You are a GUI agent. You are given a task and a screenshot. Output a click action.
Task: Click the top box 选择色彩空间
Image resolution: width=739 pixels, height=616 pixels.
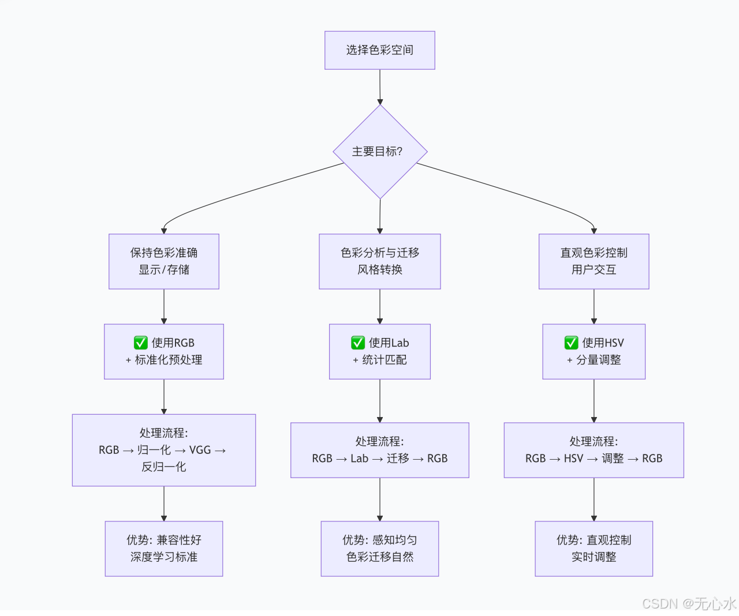point(379,50)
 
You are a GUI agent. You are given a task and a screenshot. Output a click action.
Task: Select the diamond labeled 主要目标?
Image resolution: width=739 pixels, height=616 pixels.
point(379,152)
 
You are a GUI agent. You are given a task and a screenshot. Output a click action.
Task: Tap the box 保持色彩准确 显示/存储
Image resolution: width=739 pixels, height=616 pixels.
point(163,261)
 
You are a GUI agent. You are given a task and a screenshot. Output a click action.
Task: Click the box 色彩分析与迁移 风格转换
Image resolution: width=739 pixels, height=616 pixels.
point(379,261)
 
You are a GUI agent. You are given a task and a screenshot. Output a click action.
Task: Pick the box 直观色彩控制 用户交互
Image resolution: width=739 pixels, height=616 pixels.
point(594,261)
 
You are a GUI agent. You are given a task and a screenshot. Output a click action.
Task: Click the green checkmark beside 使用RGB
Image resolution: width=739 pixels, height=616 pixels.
point(141,343)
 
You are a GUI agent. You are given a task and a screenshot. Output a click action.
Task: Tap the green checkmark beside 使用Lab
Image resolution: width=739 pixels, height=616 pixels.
point(358,343)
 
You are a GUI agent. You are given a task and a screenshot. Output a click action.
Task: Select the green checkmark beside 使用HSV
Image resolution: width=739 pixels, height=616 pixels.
point(571,343)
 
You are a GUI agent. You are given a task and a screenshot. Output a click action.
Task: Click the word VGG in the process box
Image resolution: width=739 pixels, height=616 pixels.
point(200,450)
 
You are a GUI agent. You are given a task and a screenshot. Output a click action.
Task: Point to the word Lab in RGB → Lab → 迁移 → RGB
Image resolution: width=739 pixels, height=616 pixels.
point(359,459)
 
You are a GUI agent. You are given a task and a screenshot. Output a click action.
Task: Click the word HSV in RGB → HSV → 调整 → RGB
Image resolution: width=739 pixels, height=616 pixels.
point(573,459)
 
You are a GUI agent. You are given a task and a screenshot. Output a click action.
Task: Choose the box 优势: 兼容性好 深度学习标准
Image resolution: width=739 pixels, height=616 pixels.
point(163,549)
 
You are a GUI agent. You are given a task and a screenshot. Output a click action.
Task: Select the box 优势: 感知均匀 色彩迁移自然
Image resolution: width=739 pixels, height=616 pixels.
point(379,549)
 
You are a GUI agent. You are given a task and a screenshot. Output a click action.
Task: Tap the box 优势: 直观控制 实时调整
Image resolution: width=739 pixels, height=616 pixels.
point(594,549)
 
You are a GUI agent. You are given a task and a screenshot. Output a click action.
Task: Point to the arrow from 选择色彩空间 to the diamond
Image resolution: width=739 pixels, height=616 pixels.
point(380,87)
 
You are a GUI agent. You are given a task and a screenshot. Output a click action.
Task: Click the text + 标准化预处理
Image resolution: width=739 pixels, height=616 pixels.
point(164,360)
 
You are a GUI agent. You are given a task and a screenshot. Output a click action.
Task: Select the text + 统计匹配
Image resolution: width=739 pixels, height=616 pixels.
point(380,360)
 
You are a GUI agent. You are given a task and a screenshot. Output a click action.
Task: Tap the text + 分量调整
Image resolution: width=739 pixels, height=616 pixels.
point(594,360)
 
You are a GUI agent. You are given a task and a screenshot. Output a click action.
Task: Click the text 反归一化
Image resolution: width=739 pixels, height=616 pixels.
point(163,467)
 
